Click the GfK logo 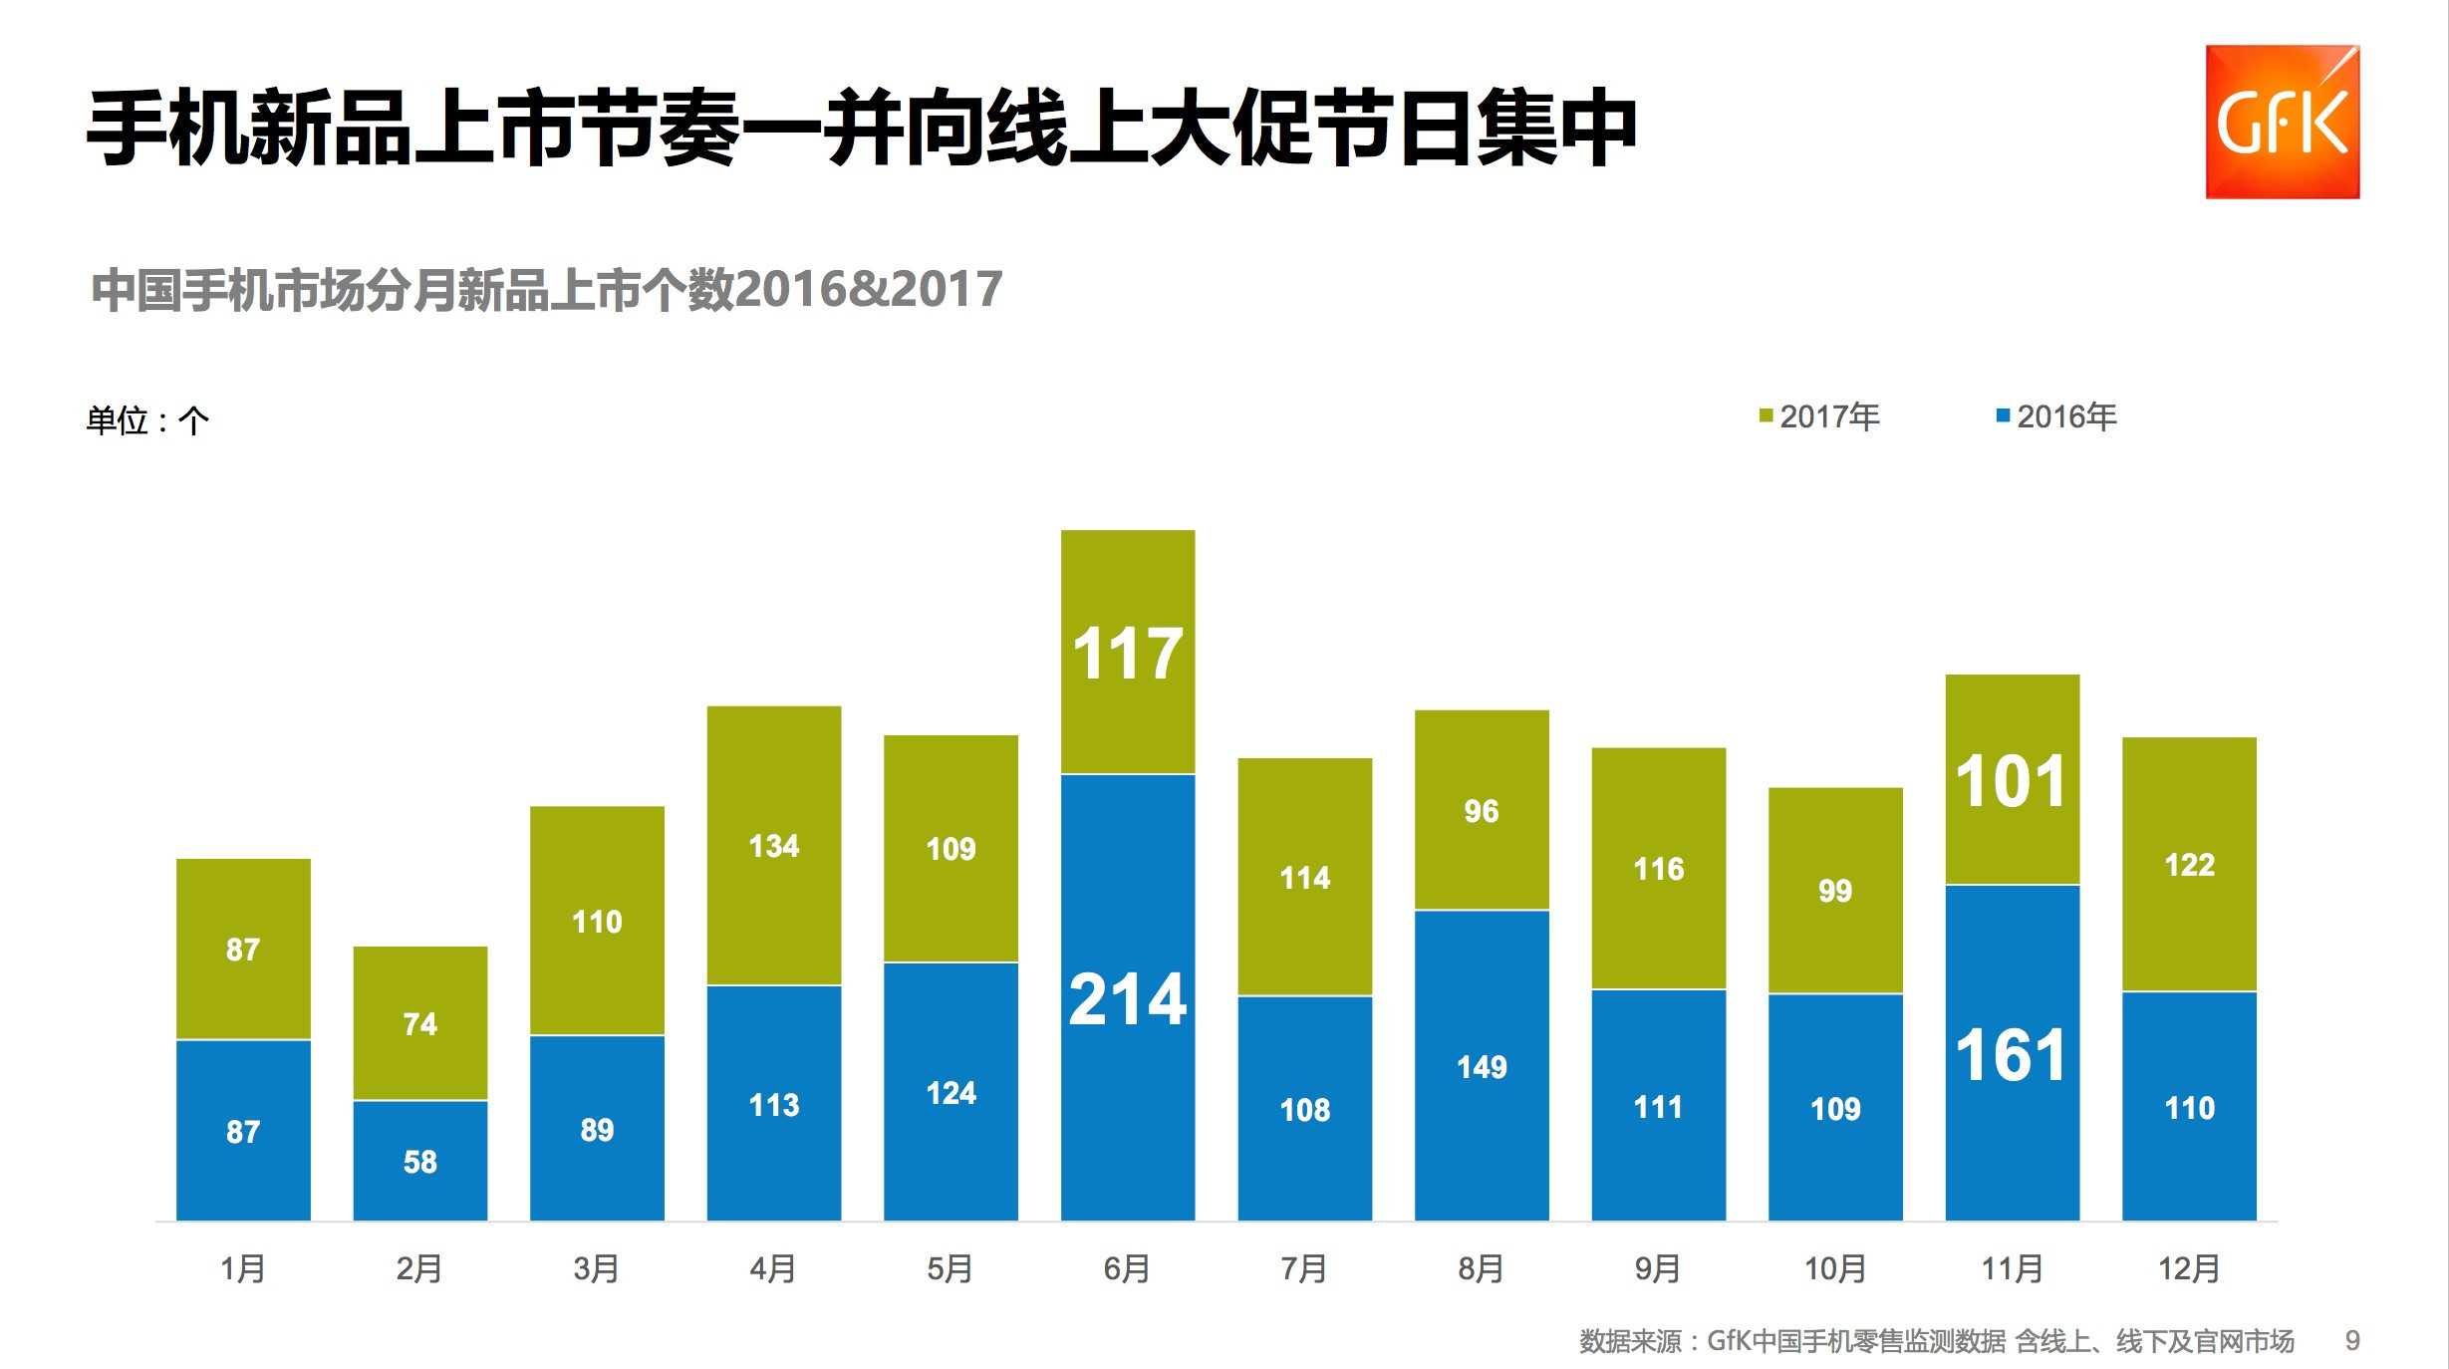pos(2282,122)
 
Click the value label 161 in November pos(2011,1055)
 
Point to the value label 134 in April pos(773,846)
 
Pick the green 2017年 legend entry pos(1819,416)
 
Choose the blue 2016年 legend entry pos(2056,416)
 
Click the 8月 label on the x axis pos(1481,1268)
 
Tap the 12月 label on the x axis pos(2189,1268)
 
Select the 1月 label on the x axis pos(242,1268)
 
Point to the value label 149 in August pos(1482,1067)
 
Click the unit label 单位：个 pos(147,420)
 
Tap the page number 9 pos(2352,1341)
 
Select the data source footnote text pos(1936,1341)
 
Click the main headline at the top pos(862,128)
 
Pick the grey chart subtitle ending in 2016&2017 pos(546,290)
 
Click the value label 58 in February pos(419,1162)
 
